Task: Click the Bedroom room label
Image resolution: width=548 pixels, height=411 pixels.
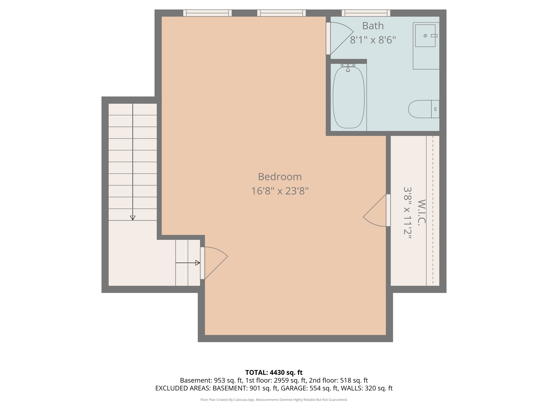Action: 280,177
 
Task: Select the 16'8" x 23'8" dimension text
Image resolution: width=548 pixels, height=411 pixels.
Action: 280,191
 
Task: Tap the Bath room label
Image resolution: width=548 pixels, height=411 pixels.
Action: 373,26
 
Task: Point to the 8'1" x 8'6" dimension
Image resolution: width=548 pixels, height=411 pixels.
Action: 373,40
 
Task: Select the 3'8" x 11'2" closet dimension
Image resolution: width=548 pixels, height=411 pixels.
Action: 407,213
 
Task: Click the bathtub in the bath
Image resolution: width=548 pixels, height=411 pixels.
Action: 348,98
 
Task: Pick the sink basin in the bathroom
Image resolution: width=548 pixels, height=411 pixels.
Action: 425,36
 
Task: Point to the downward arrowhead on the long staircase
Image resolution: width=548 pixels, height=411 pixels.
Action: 132,218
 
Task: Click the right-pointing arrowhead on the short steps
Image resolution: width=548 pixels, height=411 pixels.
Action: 197,263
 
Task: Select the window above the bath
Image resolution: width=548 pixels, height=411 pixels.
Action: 366,13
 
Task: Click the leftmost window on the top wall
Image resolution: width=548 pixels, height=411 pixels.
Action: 207,13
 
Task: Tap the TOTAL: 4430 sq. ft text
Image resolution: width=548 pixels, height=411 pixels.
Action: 274,372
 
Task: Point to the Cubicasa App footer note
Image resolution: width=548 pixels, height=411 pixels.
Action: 274,400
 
